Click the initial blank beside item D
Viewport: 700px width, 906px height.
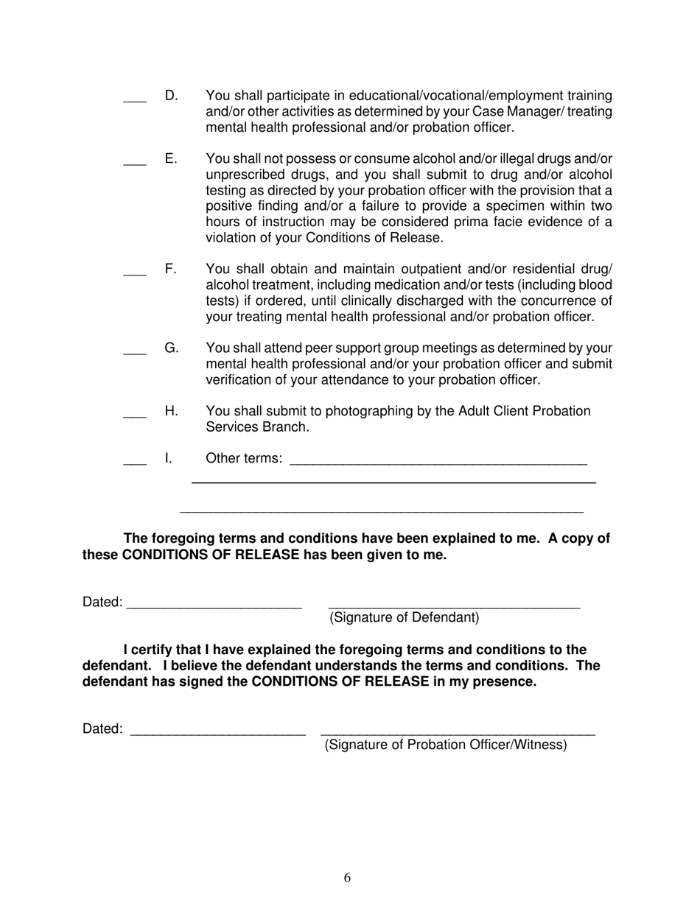[x=135, y=100]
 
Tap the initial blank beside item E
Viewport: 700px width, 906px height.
[x=135, y=164]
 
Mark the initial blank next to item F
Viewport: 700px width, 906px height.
[x=135, y=274]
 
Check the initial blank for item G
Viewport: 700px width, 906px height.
[x=135, y=353]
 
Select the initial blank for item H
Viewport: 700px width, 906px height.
[x=135, y=416]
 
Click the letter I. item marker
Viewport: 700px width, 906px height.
[x=168, y=458]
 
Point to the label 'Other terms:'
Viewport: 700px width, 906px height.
[x=243, y=458]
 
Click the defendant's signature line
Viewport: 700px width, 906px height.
[x=453, y=606]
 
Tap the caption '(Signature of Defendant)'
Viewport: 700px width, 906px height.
[x=404, y=617]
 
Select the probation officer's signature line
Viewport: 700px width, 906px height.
[x=458, y=733]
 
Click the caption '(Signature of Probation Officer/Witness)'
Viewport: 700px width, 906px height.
[x=446, y=745]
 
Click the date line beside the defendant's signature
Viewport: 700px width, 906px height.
[x=214, y=606]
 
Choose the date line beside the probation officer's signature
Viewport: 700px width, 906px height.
[x=217, y=733]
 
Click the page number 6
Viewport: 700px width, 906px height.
[x=347, y=877]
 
